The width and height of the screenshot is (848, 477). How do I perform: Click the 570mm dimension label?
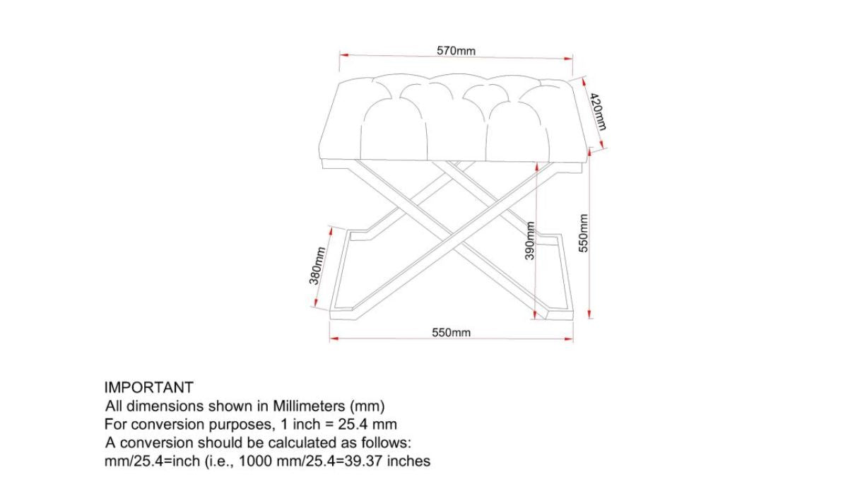pyautogui.click(x=456, y=51)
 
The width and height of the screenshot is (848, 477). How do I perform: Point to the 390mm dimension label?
pyautogui.click(x=529, y=242)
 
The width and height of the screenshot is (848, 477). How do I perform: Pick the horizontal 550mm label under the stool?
pyautogui.click(x=452, y=332)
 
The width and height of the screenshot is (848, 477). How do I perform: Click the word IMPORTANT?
pyautogui.click(x=148, y=387)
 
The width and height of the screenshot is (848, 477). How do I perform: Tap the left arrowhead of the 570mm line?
pyautogui.click(x=342, y=54)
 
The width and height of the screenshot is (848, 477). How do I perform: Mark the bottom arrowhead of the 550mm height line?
pyautogui.click(x=590, y=316)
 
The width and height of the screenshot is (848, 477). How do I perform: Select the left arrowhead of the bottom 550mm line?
pyautogui.click(x=332, y=338)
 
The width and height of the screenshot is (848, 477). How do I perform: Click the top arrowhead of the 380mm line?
pyautogui.click(x=331, y=228)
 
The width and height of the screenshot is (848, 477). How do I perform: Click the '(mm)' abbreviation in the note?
pyautogui.click(x=367, y=406)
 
